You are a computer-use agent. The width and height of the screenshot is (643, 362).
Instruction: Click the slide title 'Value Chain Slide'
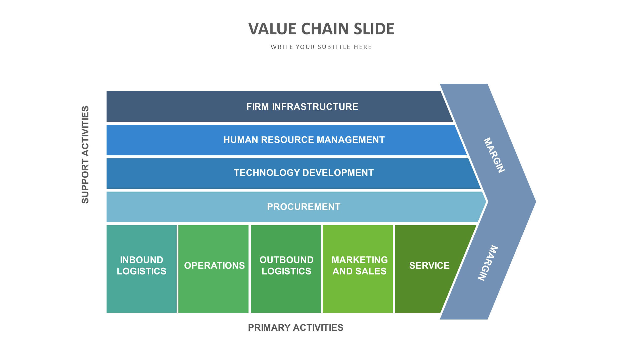pos(321,29)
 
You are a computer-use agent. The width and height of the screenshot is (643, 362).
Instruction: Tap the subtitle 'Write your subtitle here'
pos(321,47)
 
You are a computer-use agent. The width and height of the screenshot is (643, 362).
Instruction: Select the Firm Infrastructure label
pos(302,107)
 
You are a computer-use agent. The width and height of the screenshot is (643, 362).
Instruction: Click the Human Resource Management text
pos(304,140)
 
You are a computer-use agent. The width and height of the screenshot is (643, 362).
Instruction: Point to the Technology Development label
pos(304,173)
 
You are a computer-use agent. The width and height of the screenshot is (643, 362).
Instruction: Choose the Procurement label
pos(304,207)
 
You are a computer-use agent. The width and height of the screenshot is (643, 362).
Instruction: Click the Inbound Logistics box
pos(141,269)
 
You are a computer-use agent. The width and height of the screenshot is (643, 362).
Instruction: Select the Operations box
pos(213,269)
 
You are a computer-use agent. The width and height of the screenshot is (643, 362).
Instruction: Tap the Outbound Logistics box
pos(286,269)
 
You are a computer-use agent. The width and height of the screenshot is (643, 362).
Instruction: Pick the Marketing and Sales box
pos(358,269)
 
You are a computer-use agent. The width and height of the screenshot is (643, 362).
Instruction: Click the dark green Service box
pos(427,269)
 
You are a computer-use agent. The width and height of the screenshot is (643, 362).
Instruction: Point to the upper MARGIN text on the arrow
pos(494,155)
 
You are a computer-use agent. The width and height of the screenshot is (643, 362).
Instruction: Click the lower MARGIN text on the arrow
pos(488,263)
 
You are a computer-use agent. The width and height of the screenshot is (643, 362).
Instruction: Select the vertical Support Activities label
pos(85,155)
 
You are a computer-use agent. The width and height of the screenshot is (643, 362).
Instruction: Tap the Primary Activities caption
pos(295,328)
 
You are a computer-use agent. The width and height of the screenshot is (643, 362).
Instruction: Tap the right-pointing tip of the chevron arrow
pos(536,201)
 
